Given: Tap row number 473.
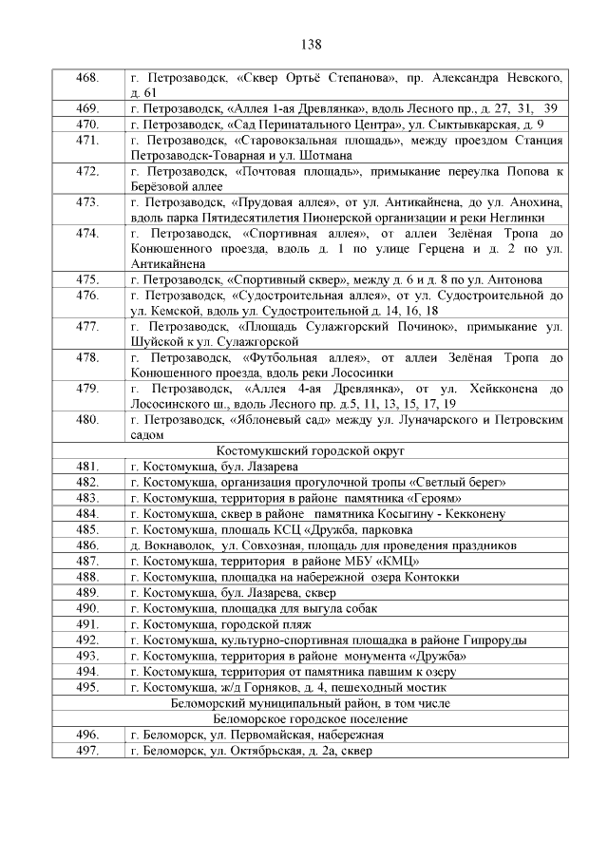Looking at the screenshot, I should pos(88,201).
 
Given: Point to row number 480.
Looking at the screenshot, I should pos(88,419).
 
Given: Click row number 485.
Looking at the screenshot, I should pos(88,529).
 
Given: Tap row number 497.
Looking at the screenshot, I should pos(88,751).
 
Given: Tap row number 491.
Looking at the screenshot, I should pos(88,624).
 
